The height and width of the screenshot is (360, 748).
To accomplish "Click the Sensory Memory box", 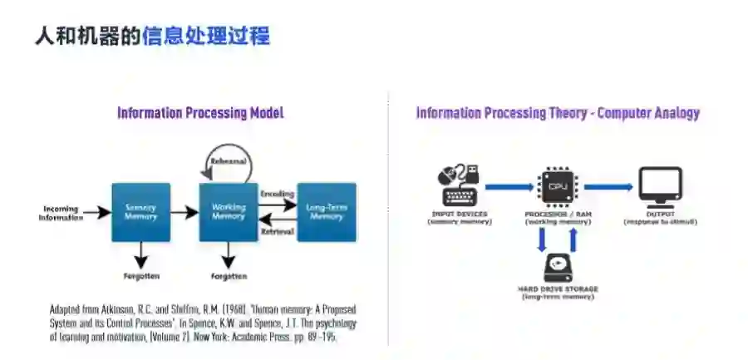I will coord(140,212).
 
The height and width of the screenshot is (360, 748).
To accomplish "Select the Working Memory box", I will coord(229,212).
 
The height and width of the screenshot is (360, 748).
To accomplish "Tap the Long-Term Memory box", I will coord(326,212).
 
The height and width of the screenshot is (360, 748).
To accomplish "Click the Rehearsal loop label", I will coord(229,160).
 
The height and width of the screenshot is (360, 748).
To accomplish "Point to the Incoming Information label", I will coord(62,212).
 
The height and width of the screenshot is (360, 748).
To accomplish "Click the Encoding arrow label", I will coord(278,193).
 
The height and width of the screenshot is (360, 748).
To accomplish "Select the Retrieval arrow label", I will coord(278,232).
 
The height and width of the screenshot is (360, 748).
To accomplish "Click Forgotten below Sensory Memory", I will coord(140,275).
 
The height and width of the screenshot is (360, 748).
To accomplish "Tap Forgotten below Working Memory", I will coord(229,275).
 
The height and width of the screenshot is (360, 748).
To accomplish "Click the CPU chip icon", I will coord(557,186).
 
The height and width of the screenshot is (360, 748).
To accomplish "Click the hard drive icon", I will coord(557,268).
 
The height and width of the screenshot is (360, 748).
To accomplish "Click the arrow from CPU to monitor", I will coord(609,187).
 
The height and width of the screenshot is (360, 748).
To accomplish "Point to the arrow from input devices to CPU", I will coord(509,187).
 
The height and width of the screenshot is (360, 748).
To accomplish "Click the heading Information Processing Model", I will coord(200,113).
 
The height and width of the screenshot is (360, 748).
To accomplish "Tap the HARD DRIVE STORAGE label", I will coord(557,289).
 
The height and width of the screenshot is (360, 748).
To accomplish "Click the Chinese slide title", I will coord(152,37).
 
